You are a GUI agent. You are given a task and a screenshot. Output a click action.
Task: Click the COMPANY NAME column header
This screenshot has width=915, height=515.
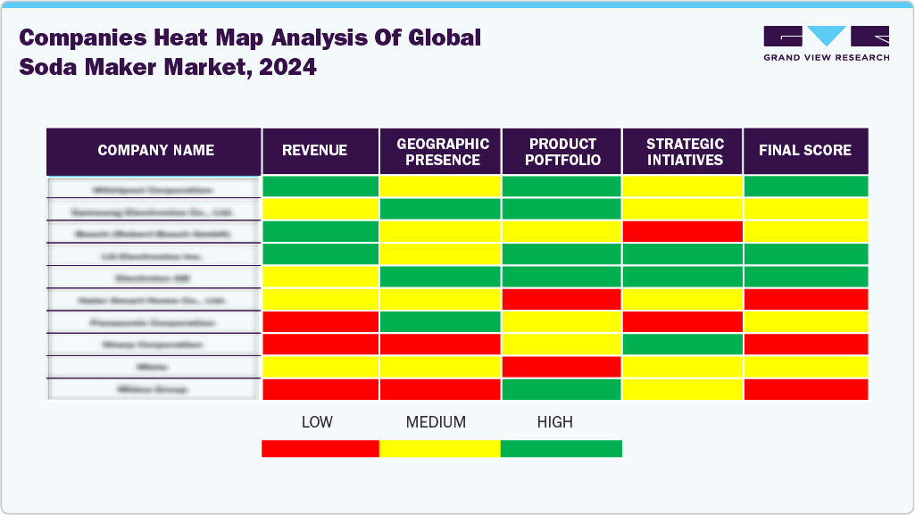click(155, 151)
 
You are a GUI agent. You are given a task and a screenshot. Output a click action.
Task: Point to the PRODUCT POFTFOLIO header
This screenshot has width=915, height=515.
click(562, 152)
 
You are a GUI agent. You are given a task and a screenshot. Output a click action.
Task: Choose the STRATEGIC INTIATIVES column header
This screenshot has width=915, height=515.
click(684, 152)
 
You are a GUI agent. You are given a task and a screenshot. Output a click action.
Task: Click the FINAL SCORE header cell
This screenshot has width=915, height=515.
click(805, 151)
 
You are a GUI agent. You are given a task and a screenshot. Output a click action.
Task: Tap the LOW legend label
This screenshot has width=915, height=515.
click(317, 422)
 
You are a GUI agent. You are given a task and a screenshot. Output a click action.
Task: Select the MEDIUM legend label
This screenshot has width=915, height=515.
click(436, 422)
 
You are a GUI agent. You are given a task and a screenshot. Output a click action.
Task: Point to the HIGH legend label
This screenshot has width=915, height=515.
click(554, 422)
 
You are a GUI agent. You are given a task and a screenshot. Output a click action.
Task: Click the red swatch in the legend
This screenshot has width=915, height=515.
click(320, 448)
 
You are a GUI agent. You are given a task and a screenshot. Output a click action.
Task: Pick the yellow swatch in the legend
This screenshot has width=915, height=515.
click(439, 448)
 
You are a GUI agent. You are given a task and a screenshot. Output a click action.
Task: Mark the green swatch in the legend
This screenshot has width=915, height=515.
click(561, 448)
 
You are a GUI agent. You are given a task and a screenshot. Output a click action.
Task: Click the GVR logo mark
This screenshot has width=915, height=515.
click(826, 37)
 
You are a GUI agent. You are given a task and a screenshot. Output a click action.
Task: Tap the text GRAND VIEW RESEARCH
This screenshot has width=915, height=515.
click(826, 58)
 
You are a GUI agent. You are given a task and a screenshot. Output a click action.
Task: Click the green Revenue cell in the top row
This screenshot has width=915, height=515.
click(320, 187)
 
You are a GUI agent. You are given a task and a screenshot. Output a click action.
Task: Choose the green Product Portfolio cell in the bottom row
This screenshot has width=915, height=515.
click(561, 389)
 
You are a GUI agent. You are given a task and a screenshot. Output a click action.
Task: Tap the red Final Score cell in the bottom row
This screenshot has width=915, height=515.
click(805, 389)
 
